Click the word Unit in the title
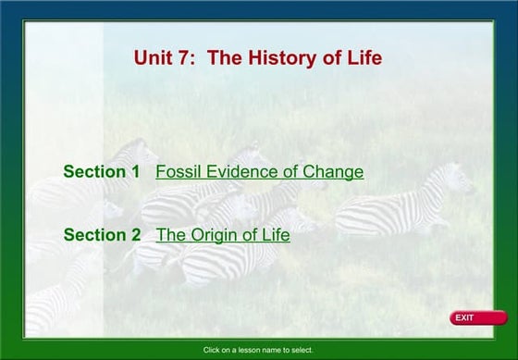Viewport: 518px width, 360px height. (154, 58)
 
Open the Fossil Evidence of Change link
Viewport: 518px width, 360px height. (259, 172)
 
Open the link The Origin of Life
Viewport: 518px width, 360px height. (223, 235)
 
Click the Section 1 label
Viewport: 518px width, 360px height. (101, 172)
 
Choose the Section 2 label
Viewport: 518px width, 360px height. (102, 235)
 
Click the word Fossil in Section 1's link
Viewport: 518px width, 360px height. (179, 172)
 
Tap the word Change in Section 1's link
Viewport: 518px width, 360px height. (335, 172)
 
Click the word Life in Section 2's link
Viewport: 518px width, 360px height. (277, 235)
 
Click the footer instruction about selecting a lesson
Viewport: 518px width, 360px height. (258, 350)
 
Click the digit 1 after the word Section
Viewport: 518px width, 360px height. (134, 172)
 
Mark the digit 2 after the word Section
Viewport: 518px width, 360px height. (135, 235)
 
